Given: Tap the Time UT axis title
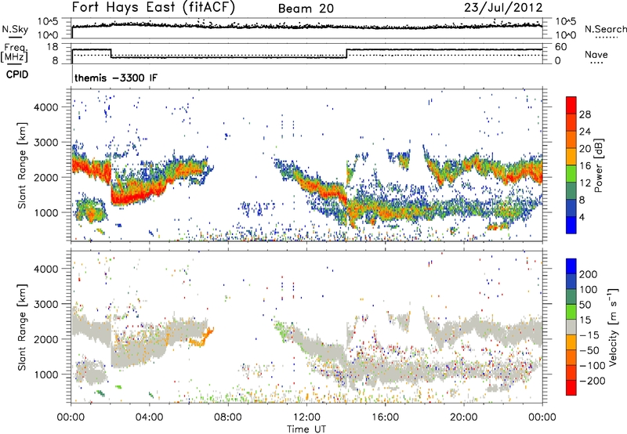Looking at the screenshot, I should (306, 429).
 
